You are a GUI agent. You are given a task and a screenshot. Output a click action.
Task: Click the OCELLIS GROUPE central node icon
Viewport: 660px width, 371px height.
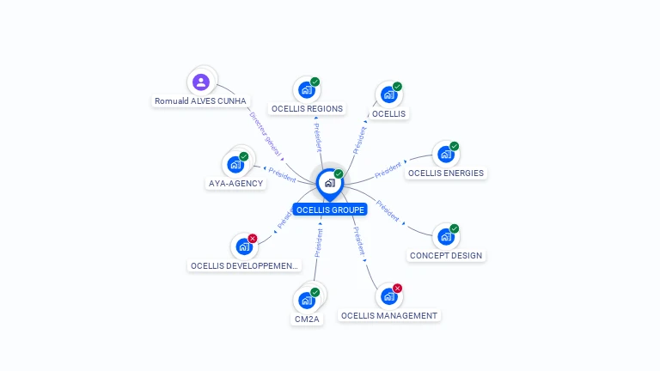click(x=329, y=182)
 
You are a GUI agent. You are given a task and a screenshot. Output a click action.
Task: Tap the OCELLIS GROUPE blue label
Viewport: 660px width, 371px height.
click(x=331, y=210)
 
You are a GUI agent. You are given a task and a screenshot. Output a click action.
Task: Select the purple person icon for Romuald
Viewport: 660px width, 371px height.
click(x=201, y=82)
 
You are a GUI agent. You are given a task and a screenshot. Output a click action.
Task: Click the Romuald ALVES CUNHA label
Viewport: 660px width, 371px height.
click(x=200, y=101)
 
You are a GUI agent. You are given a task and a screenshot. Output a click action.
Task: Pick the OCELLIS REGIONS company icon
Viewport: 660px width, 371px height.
click(x=306, y=89)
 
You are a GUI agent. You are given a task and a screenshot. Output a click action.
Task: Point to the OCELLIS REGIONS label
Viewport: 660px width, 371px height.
click(x=307, y=109)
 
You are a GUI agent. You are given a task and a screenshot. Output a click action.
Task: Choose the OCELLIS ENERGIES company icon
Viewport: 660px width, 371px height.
click(x=445, y=154)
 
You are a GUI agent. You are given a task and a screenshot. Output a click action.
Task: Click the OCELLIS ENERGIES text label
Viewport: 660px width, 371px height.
click(x=445, y=173)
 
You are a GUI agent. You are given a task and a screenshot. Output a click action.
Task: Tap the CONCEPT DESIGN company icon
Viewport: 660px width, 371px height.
click(x=445, y=236)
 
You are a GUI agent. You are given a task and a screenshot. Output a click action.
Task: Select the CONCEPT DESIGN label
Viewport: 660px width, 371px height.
click(x=446, y=255)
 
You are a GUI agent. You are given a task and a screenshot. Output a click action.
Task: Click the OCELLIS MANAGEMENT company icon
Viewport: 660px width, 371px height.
click(x=388, y=296)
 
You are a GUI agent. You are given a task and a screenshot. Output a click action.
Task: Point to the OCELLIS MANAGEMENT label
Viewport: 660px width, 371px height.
click(x=389, y=315)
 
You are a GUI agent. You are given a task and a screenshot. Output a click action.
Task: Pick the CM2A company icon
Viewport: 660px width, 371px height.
click(x=306, y=301)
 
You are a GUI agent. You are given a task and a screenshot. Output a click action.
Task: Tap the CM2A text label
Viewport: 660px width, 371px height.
click(x=307, y=319)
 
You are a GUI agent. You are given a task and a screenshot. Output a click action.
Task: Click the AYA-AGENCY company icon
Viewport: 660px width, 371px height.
click(x=235, y=164)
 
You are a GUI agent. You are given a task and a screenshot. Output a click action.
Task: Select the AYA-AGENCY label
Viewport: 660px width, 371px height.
click(x=235, y=183)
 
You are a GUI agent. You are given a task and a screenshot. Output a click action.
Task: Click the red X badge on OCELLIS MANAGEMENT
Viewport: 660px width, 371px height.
click(x=397, y=289)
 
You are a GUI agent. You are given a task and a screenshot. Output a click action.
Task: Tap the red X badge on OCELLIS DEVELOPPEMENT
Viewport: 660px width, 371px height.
click(x=253, y=239)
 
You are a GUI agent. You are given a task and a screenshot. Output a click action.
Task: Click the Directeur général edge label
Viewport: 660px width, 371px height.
click(x=266, y=133)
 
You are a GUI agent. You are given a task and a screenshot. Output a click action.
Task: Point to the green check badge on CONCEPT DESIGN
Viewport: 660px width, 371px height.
click(x=454, y=228)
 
